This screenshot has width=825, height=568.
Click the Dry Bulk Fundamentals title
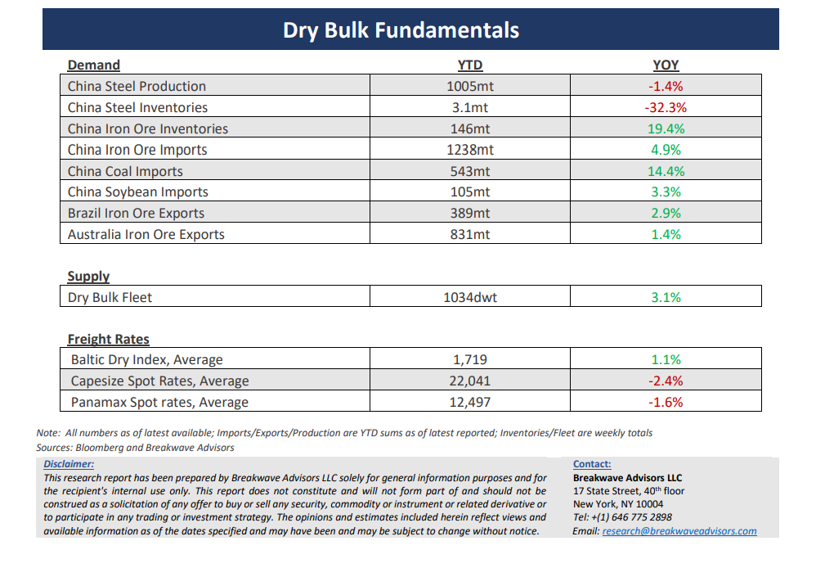point(401,31)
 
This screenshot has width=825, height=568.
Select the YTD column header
point(469,65)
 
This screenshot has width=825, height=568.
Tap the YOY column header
point(666,65)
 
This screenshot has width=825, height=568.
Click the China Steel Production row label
point(137,86)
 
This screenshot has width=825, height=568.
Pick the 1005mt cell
point(469,86)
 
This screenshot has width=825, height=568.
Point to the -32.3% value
point(666,107)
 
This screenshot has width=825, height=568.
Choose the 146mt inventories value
point(469,128)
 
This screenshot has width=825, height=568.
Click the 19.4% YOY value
point(666,128)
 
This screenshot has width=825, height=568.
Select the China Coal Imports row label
point(125,171)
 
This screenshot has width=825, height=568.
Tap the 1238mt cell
point(469,150)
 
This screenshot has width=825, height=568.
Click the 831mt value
point(469,234)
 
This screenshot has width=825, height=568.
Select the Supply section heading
point(88,277)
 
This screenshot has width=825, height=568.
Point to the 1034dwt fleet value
point(469,297)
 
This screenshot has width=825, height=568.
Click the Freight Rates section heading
point(108,339)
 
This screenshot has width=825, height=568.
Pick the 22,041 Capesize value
point(469,381)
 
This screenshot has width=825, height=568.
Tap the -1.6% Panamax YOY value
point(666,402)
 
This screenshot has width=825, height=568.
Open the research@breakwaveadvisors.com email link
point(679,531)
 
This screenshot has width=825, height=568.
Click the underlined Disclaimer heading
point(69,464)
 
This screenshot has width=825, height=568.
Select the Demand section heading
point(93,65)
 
